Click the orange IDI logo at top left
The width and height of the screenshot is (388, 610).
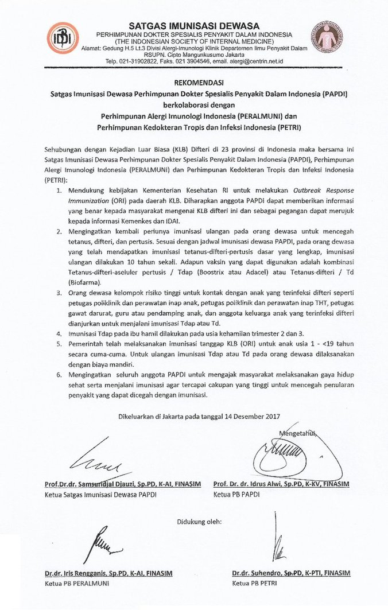point(61,38)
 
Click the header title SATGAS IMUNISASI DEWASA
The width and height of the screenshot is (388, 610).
point(194,26)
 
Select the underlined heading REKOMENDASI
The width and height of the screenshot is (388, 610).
point(194,83)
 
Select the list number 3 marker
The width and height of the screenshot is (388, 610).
point(59,292)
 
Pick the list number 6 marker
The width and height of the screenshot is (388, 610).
point(59,375)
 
